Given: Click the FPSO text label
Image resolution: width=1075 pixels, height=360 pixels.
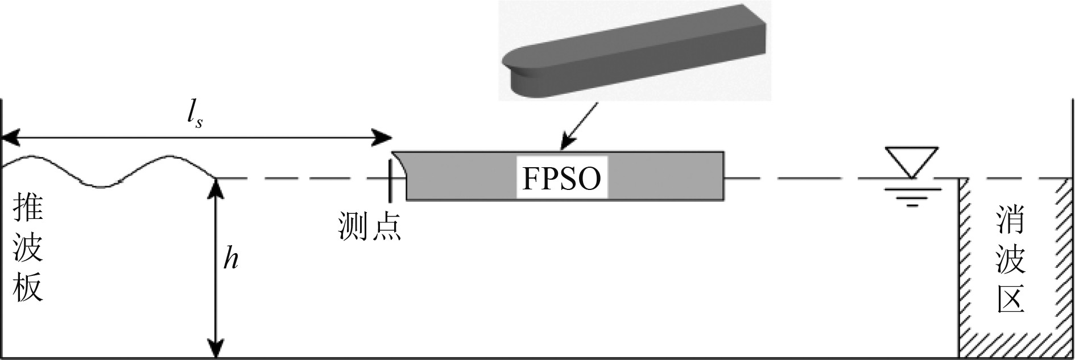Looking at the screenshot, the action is [561, 179].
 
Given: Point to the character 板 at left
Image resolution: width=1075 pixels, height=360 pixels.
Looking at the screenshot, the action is [28, 287].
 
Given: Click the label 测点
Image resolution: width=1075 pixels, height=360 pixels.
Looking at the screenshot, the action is [369, 226].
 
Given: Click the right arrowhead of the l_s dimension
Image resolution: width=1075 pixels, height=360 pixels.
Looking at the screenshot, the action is [384, 138].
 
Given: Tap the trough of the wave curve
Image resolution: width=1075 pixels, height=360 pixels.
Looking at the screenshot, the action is [102, 185].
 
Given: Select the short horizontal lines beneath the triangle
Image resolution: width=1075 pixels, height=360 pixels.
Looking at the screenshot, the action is [911, 199].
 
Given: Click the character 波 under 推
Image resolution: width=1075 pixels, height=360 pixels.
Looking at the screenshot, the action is [28, 248].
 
